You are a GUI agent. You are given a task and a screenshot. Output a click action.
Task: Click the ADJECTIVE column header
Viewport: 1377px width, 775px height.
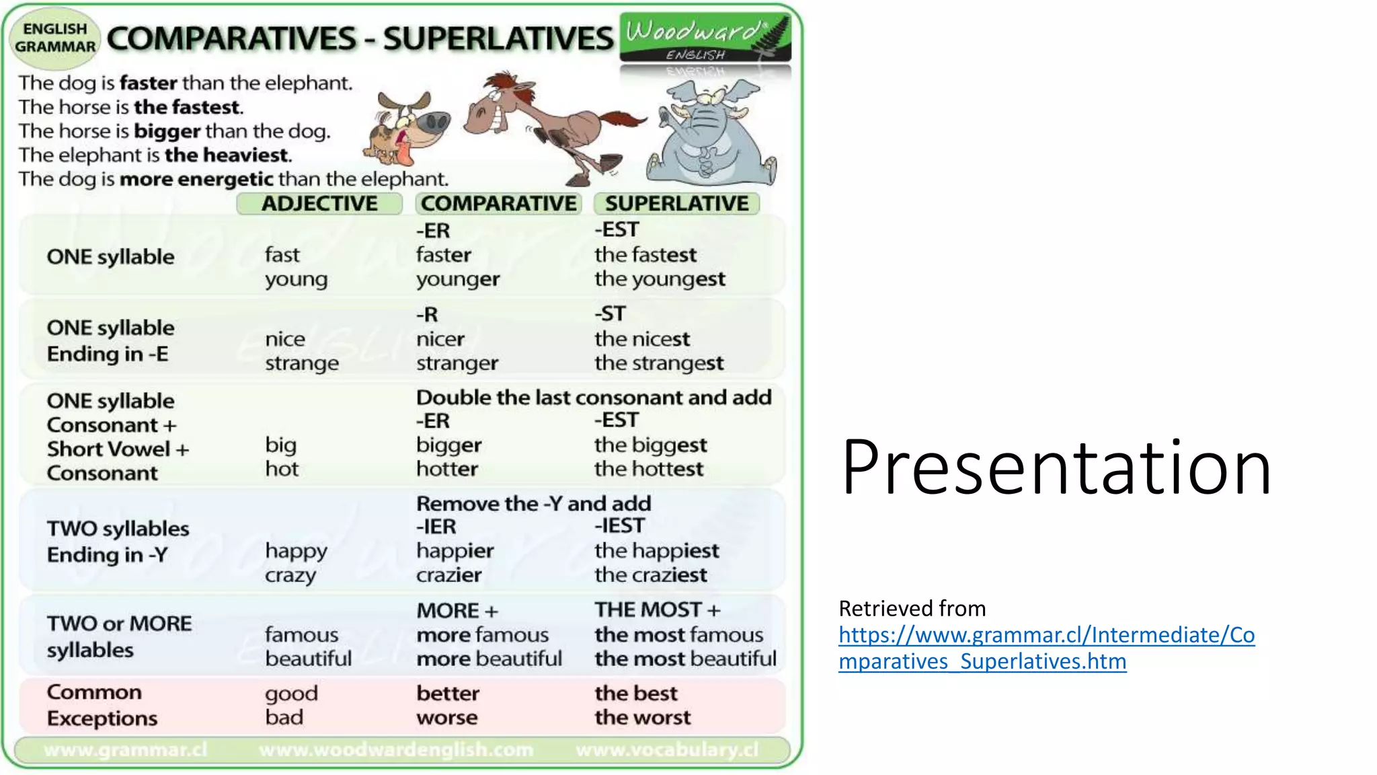pos(319,203)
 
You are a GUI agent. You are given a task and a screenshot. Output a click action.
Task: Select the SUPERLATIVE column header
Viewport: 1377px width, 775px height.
pos(676,203)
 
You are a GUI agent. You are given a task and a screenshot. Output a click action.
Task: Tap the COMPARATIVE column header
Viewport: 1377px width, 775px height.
pos(498,203)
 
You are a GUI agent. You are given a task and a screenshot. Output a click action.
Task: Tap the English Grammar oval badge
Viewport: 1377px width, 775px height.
pos(55,38)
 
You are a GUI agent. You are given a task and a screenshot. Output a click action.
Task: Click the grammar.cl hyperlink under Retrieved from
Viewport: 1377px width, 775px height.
pos(1046,648)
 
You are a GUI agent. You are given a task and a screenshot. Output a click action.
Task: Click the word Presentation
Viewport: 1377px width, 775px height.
pos(1056,467)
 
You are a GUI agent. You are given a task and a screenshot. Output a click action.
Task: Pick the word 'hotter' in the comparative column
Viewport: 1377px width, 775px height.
pos(447,469)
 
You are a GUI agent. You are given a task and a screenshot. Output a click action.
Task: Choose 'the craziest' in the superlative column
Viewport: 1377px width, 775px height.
pos(650,575)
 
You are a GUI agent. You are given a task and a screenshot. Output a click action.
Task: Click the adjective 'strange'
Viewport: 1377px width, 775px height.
pos(302,363)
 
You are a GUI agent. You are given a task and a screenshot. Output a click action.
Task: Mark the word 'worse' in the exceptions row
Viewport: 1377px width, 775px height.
pos(447,718)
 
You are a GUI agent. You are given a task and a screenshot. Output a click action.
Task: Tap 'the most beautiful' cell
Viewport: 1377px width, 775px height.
pos(685,659)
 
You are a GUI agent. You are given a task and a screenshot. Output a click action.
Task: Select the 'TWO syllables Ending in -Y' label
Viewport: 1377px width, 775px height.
pos(118,542)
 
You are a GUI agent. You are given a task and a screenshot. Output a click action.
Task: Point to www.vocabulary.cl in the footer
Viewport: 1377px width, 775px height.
pos(667,749)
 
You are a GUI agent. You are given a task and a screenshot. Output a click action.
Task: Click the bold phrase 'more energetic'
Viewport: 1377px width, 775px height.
pos(196,179)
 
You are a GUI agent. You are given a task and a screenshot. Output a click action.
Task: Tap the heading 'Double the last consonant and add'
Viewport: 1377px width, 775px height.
pos(594,397)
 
